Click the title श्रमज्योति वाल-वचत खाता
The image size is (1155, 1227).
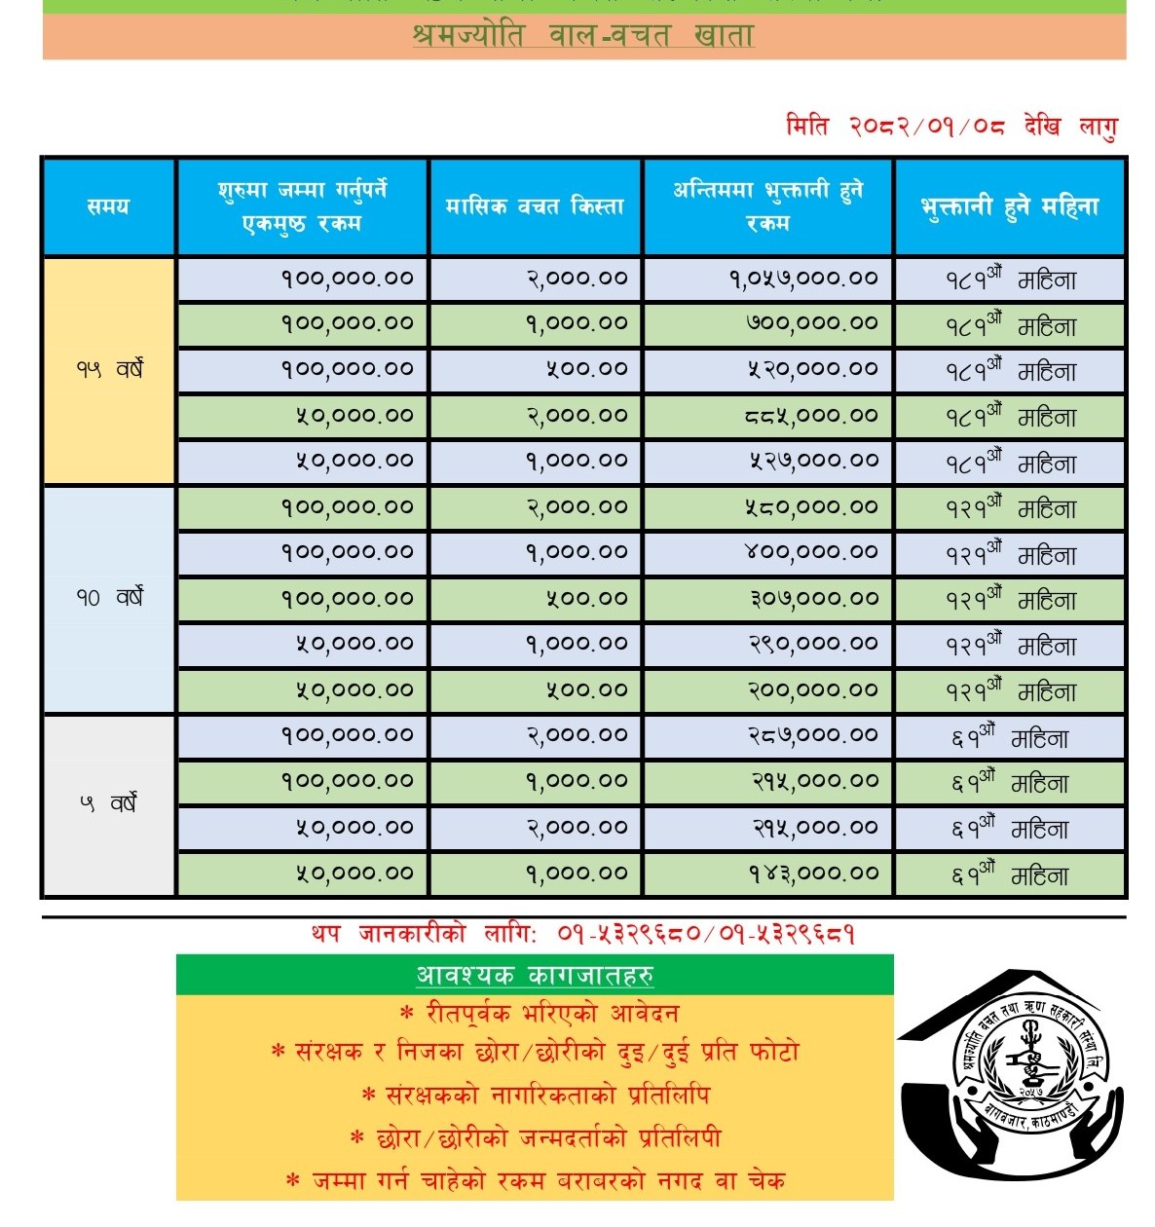coord(583,36)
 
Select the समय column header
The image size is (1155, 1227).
coord(108,206)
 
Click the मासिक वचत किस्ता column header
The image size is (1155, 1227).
coord(535,206)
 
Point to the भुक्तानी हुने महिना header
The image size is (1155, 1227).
coord(1010,206)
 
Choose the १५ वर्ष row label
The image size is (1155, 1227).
coord(109,369)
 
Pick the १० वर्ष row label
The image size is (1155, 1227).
coord(109,597)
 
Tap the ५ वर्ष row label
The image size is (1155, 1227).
coord(109,804)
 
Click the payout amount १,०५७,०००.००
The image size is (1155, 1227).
coord(803,279)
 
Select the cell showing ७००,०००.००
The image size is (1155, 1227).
coord(811,323)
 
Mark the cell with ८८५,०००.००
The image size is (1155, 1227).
coord(811,416)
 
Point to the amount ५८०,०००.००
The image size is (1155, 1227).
coord(811,507)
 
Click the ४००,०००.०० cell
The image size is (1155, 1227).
coord(811,552)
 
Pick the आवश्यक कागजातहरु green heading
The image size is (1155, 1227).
coord(535,975)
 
